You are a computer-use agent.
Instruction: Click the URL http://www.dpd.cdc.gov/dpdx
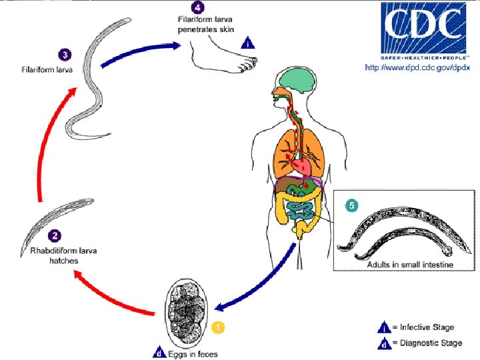(x=417, y=67)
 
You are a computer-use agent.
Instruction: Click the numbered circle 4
(x=197, y=8)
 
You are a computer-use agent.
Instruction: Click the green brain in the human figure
(x=297, y=82)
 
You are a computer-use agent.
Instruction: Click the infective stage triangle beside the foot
(x=248, y=44)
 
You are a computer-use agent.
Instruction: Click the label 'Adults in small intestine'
(x=410, y=265)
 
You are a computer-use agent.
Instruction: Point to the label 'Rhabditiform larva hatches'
(x=55, y=255)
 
